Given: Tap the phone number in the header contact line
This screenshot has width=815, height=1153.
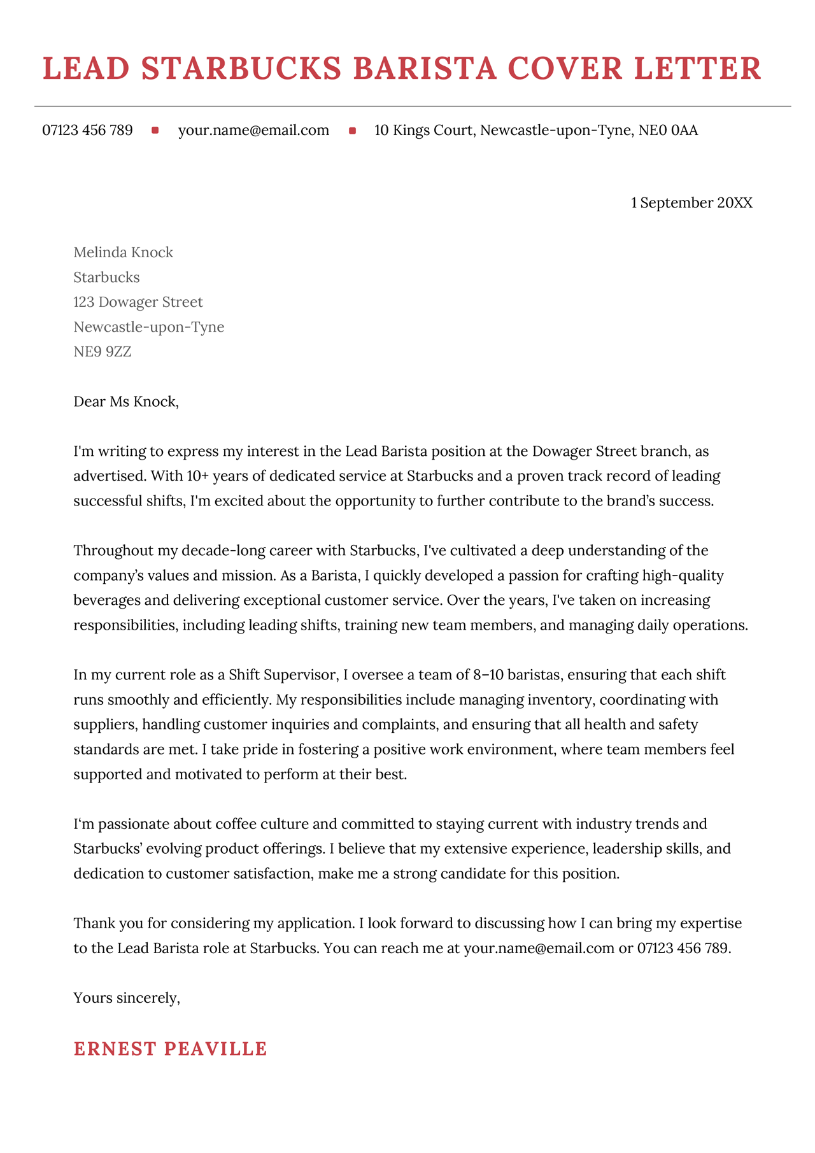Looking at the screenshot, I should pyautogui.click(x=87, y=131).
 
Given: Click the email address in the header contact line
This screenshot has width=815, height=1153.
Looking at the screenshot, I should pyautogui.click(x=253, y=131).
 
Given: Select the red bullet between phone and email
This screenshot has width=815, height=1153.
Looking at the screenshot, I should pyautogui.click(x=155, y=131).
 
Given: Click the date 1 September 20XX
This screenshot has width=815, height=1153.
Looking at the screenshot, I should pyautogui.click(x=691, y=203).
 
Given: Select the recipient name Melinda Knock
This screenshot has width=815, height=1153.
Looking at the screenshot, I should pyautogui.click(x=123, y=253).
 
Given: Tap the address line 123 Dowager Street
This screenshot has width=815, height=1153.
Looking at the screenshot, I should pyautogui.click(x=138, y=302).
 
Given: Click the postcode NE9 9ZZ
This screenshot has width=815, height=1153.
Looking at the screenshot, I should pyautogui.click(x=102, y=351).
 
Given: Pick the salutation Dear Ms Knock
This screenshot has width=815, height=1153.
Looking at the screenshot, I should pyautogui.click(x=126, y=402).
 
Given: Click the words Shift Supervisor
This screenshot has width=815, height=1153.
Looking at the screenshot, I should pyautogui.click(x=281, y=674).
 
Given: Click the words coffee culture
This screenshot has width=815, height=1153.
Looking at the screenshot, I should pyautogui.click(x=262, y=824).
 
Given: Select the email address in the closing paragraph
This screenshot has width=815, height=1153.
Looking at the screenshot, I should pyautogui.click(x=539, y=948).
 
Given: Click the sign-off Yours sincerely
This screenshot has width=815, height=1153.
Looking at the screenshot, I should pyautogui.click(x=127, y=998).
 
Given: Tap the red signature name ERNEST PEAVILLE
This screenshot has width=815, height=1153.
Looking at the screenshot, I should pyautogui.click(x=170, y=1049).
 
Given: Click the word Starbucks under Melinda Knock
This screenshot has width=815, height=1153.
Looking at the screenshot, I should pyautogui.click(x=106, y=278).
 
